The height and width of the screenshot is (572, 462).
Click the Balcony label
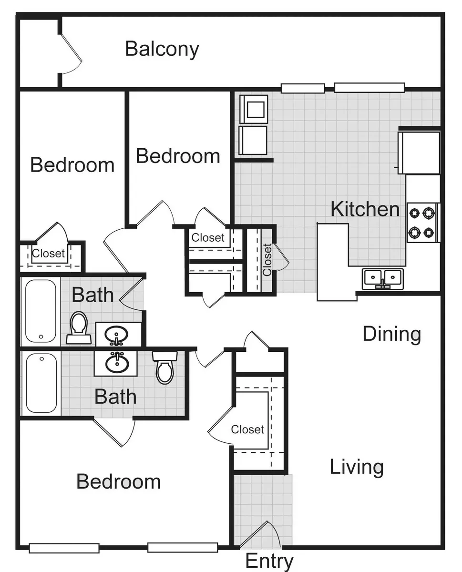tap(162, 49)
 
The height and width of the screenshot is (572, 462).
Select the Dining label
tap(391, 334)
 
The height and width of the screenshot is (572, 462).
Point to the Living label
tap(357, 467)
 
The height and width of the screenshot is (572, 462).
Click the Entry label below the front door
tap(269, 561)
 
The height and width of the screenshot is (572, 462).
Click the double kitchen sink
tap(382, 279)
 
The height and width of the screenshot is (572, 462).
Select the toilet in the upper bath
tap(79, 327)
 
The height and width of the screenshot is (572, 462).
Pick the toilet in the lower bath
tap(164, 368)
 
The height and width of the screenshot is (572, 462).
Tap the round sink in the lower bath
tap(117, 363)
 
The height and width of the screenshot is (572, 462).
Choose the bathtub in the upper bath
tap(41, 311)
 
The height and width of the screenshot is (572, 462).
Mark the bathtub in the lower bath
tap(41, 383)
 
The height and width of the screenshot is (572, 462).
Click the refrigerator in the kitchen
tap(419, 153)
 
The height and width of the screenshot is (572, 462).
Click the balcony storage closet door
tap(71, 54)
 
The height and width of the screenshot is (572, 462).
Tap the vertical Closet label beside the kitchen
tap(267, 260)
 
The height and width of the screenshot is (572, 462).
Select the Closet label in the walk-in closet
tap(247, 429)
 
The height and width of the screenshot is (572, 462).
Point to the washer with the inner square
tap(254, 109)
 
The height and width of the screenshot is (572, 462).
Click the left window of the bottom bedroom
tap(64, 548)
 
